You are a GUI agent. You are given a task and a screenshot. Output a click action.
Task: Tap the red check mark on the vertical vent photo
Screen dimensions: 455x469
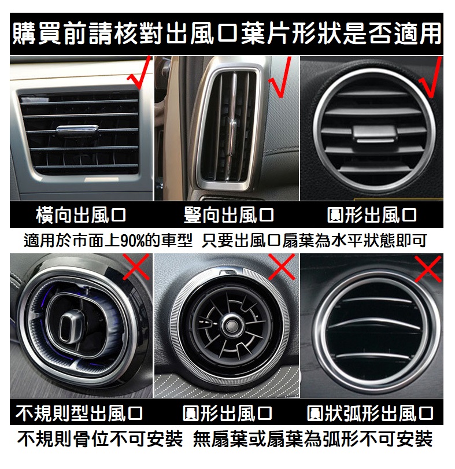tap(281, 77)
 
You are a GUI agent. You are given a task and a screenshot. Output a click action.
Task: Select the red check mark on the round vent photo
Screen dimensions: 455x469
tap(431, 79)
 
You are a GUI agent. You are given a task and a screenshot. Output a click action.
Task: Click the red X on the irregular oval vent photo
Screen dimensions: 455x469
tap(136, 267)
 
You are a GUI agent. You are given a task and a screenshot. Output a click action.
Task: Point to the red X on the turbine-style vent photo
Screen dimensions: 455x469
tap(282, 267)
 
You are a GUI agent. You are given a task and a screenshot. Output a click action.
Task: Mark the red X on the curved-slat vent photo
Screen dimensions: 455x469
tap(428, 268)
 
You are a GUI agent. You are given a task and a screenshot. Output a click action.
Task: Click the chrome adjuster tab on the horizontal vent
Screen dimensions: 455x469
tap(77, 130)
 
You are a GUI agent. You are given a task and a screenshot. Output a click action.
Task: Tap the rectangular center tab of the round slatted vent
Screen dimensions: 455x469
tap(375, 134)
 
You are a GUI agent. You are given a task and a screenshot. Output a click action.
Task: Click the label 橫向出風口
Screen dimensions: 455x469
tap(81, 215)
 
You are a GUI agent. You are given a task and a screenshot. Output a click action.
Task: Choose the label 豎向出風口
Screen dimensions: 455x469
tap(229, 215)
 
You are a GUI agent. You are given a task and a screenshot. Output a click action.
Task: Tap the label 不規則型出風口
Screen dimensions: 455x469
tap(79, 413)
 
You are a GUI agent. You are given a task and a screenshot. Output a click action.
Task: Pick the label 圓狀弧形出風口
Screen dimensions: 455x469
tap(370, 413)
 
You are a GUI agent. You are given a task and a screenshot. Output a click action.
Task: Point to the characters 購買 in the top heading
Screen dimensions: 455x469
tap(38, 33)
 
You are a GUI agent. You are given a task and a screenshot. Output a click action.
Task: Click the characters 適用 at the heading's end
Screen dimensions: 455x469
tap(418, 33)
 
